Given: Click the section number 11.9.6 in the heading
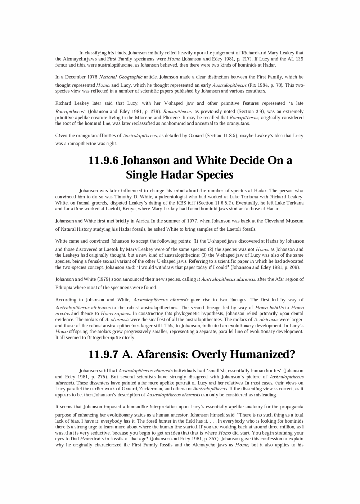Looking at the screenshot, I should (x=104, y=161).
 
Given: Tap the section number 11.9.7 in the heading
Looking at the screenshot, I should (x=104, y=355).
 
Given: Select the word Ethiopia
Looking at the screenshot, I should (x=63, y=288).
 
